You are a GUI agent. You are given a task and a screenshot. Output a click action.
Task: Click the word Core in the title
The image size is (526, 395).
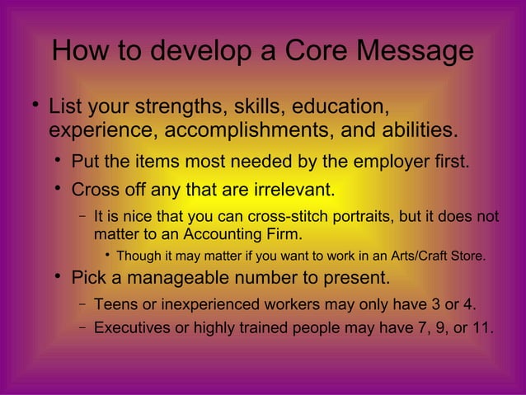click(315, 51)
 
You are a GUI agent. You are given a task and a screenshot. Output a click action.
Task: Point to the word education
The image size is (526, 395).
click(338, 107)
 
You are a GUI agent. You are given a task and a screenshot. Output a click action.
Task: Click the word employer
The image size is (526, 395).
click(378, 160)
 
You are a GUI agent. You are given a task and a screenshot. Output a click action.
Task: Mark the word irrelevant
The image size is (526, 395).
click(291, 190)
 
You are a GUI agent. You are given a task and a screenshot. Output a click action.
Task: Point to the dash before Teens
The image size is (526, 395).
click(83, 303)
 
